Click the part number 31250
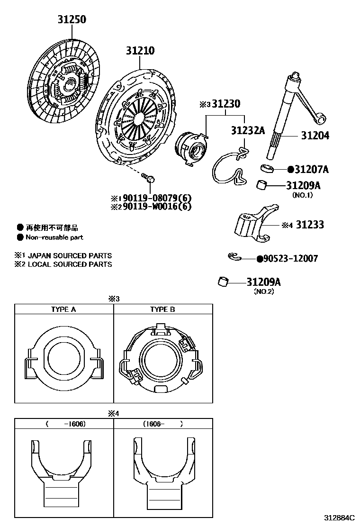coord(72,19)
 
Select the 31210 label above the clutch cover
coord(140,50)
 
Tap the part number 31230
coord(226,104)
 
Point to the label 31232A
coord(247,130)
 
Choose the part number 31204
coord(315,136)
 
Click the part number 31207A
coord(311,169)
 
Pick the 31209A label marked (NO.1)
coord(303,185)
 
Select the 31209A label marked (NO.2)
coord(263,282)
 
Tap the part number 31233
coord(310,225)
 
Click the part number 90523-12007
coord(290,258)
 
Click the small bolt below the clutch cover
coord(149,178)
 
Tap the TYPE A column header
coord(63,309)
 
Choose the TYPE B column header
coord(162,309)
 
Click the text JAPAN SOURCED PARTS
coord(70,255)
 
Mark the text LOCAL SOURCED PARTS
coord(70,264)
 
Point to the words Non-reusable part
coord(54,237)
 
